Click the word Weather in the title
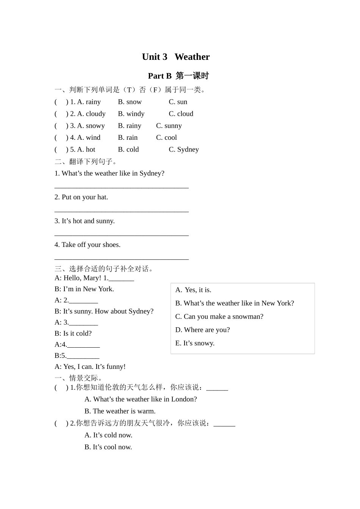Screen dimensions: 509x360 pyautogui.click(x=192, y=57)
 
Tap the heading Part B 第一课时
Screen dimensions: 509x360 pyautogui.click(x=178, y=76)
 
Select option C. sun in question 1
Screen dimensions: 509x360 pyautogui.click(x=178, y=102)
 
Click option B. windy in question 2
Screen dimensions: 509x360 pyautogui.click(x=131, y=114)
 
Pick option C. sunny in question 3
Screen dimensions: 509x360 pyautogui.click(x=169, y=126)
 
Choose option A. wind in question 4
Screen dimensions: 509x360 pyautogui.click(x=89, y=137)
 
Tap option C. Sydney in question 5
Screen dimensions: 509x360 pyautogui.click(x=183, y=150)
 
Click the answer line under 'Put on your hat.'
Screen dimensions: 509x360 pyautogui.click(x=121, y=211)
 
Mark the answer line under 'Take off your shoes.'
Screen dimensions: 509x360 pyautogui.click(x=121, y=259)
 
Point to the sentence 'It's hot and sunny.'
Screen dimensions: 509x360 pyautogui.click(x=85, y=221)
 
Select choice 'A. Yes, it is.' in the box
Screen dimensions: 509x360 pyautogui.click(x=193, y=290)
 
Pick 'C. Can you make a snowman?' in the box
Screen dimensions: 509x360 pyautogui.click(x=219, y=317)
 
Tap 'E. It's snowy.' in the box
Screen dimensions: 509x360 pyautogui.click(x=195, y=343)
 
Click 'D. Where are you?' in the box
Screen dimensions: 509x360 pyautogui.click(x=202, y=330)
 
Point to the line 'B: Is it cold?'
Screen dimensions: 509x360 pyautogui.click(x=73, y=334)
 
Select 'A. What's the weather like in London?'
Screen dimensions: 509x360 pyautogui.click(x=141, y=399)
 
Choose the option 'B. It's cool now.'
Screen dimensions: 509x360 pyautogui.click(x=108, y=447)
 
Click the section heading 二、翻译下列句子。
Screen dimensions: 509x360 pyautogui.click(x=86, y=162)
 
